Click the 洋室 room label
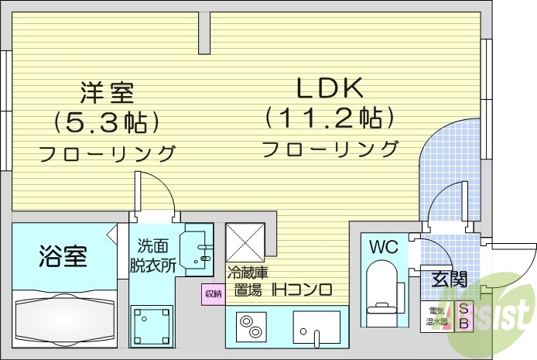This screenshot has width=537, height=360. pos(108,93)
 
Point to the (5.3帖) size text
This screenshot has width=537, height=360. pos(108,122)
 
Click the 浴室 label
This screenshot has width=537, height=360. pos(63,256)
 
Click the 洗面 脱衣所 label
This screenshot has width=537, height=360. pos(152,255)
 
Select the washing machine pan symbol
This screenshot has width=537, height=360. pos(152,324)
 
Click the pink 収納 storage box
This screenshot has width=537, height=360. pos(213,293)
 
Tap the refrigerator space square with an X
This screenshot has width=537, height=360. pos(246,242)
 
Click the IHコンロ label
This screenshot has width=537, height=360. pos(302,290)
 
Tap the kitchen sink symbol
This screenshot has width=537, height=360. pos(318,327)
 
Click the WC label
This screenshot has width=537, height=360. pos(382,248)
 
